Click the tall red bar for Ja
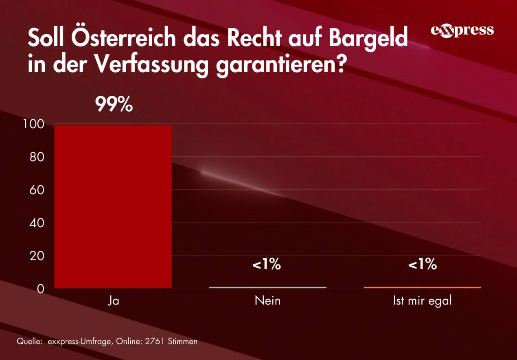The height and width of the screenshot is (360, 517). click(x=113, y=206)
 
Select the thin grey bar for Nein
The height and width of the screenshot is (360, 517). click(x=267, y=287)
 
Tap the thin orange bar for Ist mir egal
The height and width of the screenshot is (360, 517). click(x=422, y=287)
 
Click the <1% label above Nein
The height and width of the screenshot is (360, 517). click(x=267, y=265)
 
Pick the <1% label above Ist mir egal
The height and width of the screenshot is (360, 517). click(x=422, y=265)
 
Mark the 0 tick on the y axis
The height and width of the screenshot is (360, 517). click(x=40, y=289)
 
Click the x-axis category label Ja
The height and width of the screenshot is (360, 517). click(x=114, y=301)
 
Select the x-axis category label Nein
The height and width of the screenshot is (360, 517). click(x=267, y=301)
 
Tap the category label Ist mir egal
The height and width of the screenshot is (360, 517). click(x=422, y=301)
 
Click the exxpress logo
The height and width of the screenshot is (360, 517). click(x=462, y=31)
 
